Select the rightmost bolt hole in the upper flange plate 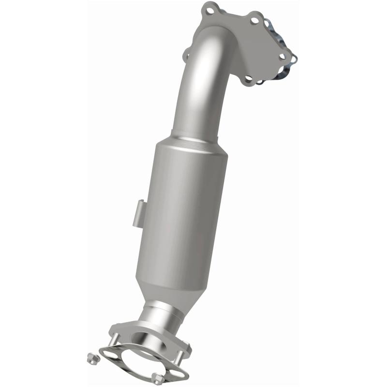click(282, 57)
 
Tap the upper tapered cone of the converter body click(193, 145)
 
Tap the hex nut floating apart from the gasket click(90, 358)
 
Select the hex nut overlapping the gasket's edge click(156, 378)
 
